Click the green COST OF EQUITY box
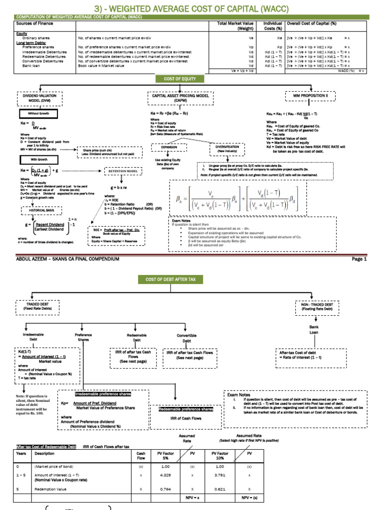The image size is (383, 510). point(180,79)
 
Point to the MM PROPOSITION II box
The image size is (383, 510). point(313,95)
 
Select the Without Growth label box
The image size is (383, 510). point(39,114)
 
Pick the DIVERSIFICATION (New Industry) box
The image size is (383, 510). point(227,149)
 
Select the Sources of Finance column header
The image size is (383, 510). point(35,23)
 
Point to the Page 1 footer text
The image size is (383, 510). point(359,259)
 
